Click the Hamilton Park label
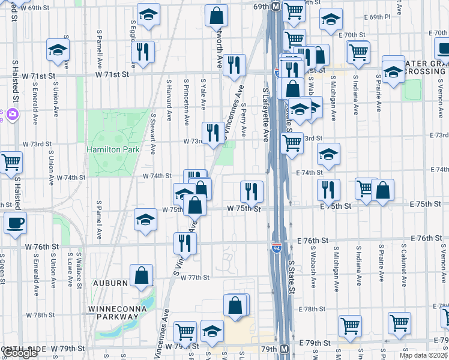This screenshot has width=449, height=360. (113, 149)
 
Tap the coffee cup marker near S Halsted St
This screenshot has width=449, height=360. (16, 224)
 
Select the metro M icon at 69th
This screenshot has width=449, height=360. (276, 7)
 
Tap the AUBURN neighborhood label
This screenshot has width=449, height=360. (110, 282)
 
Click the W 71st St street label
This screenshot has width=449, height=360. (112, 74)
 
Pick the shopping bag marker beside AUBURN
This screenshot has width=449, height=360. (140, 277)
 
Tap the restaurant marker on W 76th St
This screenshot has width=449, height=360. (184, 244)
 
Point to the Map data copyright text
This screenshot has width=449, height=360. (423, 355)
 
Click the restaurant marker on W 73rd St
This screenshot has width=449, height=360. (212, 134)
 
